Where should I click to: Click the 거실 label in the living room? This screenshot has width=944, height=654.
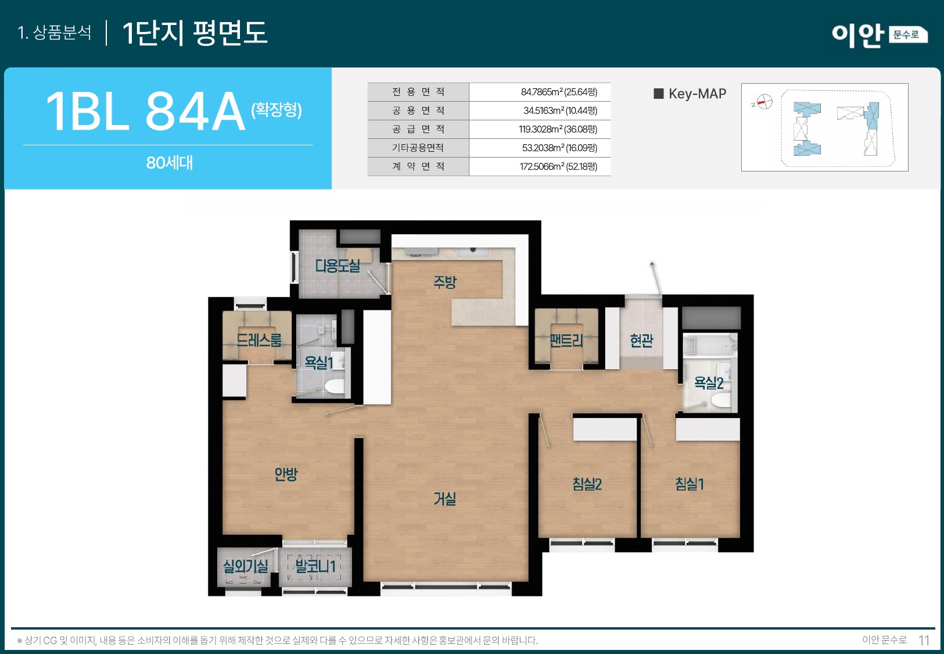(x=445, y=499)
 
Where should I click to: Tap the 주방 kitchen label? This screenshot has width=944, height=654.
(x=445, y=282)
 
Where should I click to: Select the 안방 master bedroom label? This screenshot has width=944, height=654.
(x=286, y=474)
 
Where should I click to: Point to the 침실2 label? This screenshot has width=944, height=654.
(x=587, y=484)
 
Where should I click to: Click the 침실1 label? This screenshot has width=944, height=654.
(x=690, y=484)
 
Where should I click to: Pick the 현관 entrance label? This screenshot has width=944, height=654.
(x=641, y=341)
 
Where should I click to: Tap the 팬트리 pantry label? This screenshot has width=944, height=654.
(x=566, y=341)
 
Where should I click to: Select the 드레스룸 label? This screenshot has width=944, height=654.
(x=259, y=340)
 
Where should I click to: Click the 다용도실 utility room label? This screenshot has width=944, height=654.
(x=338, y=266)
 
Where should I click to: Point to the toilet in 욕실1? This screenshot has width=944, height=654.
(x=335, y=387)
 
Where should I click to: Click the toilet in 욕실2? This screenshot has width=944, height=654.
(x=721, y=401)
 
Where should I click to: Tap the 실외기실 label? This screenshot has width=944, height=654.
(x=246, y=566)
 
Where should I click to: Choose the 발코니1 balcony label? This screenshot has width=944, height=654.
(x=315, y=566)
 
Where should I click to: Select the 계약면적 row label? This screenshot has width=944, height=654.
(x=418, y=166)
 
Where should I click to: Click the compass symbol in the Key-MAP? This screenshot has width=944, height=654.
(x=764, y=102)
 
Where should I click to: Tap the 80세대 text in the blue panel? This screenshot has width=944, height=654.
(x=169, y=163)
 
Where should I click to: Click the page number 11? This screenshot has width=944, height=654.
(x=924, y=640)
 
